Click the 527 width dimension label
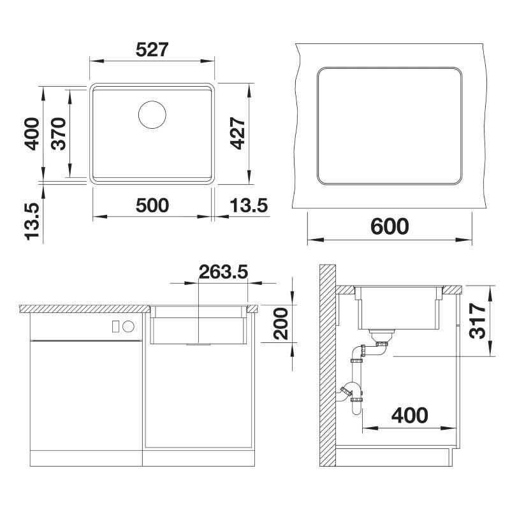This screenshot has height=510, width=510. pos(152,50)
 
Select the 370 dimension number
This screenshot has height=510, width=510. pos(59,133)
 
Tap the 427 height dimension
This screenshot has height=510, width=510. pos(237,133)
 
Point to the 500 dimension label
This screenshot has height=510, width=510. pos(152,205)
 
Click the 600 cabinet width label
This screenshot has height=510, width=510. pos(390,226)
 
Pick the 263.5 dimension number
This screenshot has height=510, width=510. pos(224,272)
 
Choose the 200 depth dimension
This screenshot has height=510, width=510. pos(280,324)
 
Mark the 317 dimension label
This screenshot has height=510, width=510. pos(477,321)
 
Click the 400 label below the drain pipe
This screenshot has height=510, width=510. pos(409,416)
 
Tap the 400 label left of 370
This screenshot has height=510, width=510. pos(32,134)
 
